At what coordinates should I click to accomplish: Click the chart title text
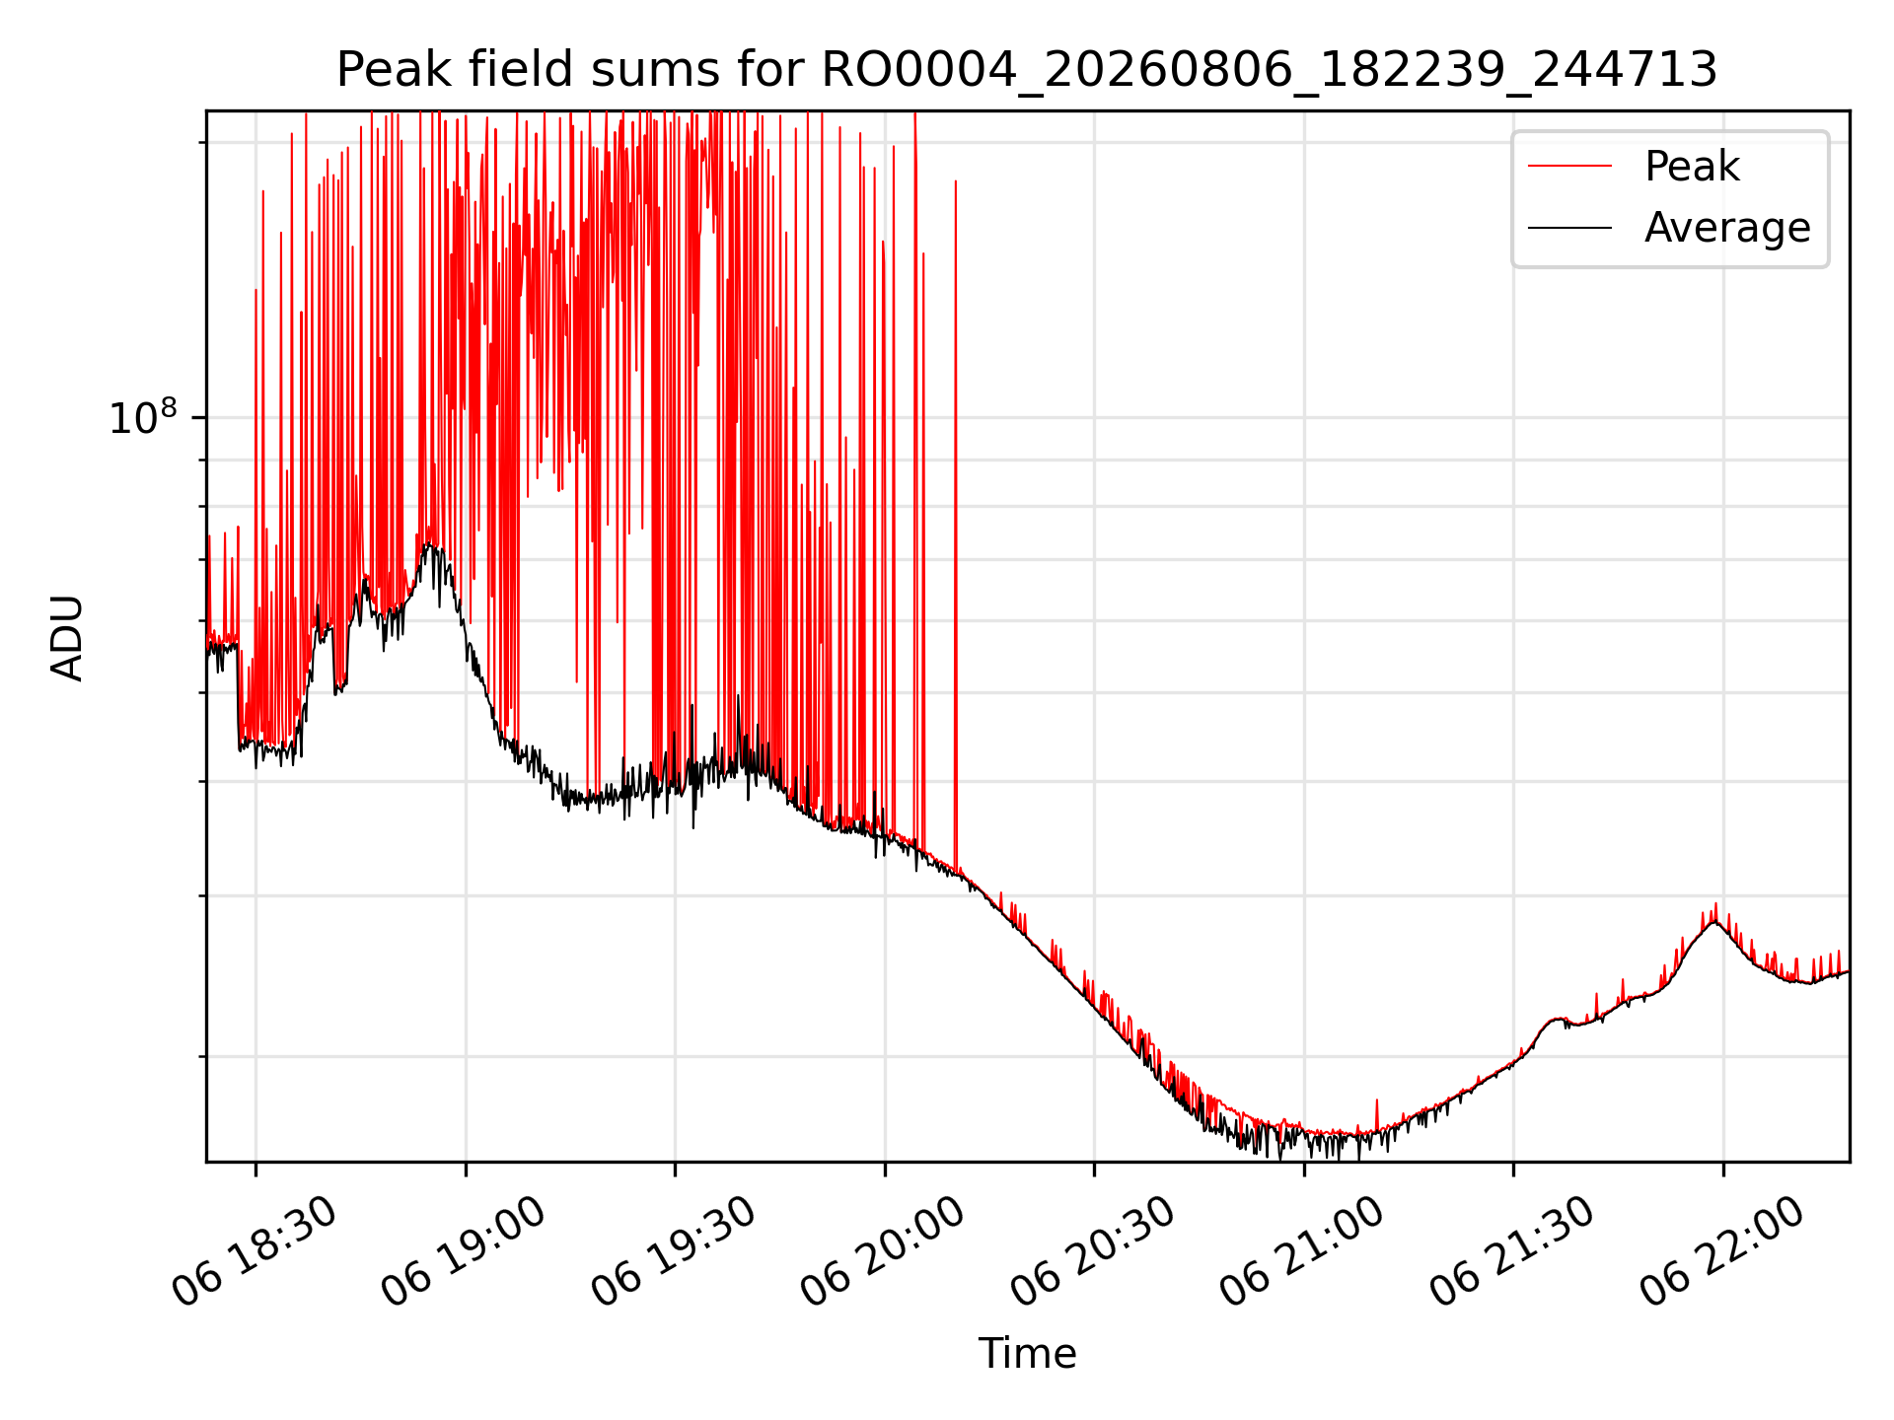click(1027, 70)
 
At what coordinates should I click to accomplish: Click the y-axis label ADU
click(67, 637)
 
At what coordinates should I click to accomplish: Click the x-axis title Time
click(1027, 1353)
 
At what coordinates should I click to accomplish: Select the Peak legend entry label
click(1692, 167)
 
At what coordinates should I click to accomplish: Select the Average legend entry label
click(1727, 228)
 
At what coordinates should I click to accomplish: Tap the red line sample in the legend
click(1569, 167)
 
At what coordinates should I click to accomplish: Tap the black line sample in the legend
click(1569, 228)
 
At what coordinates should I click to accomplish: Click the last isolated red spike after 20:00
click(955, 181)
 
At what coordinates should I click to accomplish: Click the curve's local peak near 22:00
click(1715, 920)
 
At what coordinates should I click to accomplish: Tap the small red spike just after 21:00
click(1376, 1101)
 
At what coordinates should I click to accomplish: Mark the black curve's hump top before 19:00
click(429, 545)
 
